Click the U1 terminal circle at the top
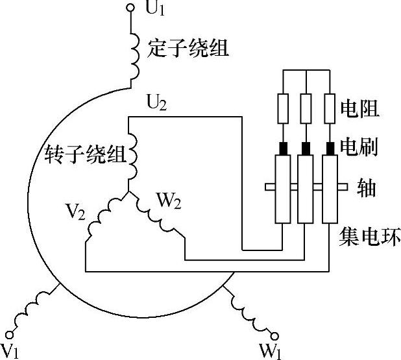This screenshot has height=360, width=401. tap(130, 8)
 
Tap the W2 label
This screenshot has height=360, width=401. tap(168, 201)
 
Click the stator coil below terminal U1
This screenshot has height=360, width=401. tap(136, 55)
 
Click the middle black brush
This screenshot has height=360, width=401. tap(306, 148)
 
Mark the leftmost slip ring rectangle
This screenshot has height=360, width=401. tap(282, 189)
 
